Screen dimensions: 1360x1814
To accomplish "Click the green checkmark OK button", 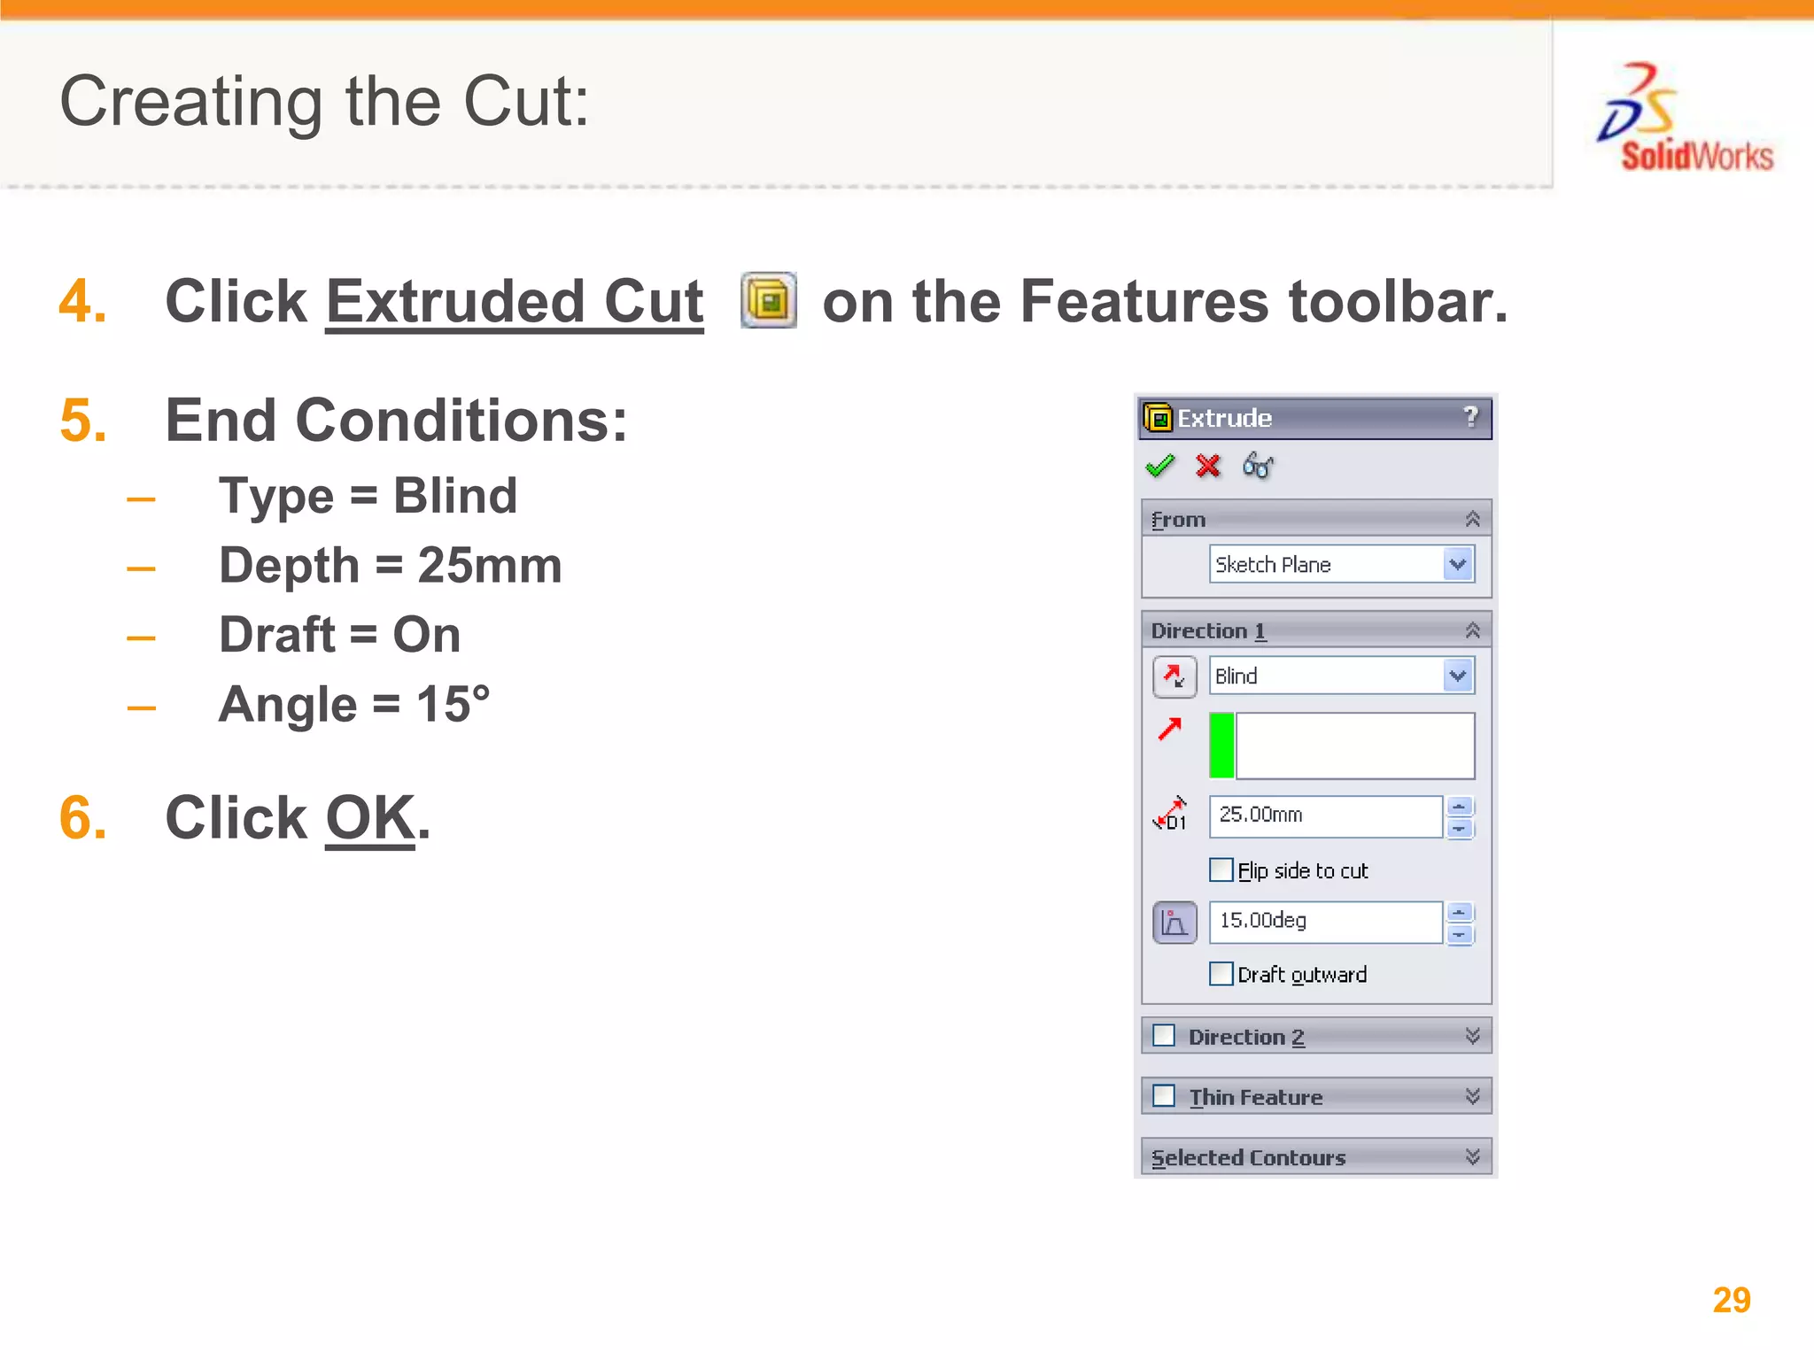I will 1159,466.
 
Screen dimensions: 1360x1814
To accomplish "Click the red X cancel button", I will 1208,466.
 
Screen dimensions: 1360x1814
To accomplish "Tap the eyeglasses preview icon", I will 1258,466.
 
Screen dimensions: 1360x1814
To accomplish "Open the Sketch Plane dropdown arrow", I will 1458,564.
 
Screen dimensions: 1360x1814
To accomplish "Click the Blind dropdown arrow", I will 1458,676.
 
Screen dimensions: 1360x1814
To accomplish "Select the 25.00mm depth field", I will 1325,815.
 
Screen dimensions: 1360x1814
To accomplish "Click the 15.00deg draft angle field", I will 1325,922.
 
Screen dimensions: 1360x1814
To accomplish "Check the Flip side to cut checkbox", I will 1221,870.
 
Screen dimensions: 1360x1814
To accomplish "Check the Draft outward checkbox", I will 1221,974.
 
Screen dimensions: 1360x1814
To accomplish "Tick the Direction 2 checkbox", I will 1164,1036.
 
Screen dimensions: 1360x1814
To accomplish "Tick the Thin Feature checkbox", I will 1164,1096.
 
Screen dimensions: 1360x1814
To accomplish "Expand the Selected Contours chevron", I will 1472,1157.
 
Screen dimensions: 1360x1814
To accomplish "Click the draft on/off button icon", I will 1174,923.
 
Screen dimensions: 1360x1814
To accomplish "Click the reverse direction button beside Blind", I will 1174,677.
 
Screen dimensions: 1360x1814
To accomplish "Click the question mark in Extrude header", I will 1470,417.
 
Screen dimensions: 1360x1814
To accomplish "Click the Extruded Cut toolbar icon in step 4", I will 769,300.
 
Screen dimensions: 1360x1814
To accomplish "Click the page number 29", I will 1732,1300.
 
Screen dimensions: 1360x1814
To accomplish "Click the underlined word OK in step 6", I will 370,817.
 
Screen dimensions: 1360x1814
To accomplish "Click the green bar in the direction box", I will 1222,746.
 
